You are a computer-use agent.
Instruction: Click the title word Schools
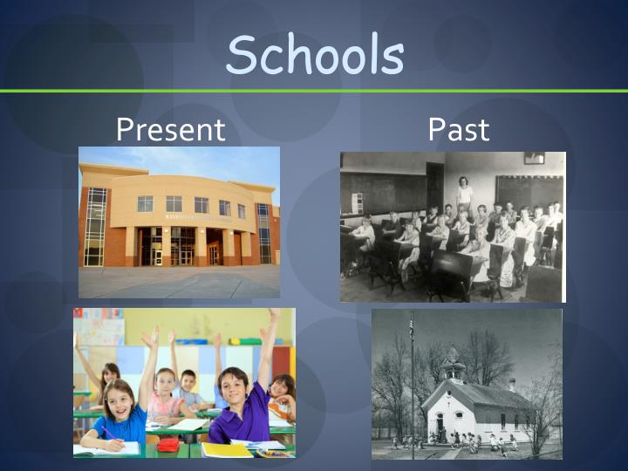coord(315,54)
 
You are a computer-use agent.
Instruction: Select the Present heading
coord(171,130)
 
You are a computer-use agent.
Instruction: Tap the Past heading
coord(459,130)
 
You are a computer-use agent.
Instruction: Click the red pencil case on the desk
coord(167,445)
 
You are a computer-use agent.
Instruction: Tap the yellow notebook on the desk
coord(226,450)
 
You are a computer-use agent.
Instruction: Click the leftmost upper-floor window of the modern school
coord(145,203)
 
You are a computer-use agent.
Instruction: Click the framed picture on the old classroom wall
coord(534,158)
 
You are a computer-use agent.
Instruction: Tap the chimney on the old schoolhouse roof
coord(512,384)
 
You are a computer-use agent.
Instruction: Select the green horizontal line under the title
coord(314,91)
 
